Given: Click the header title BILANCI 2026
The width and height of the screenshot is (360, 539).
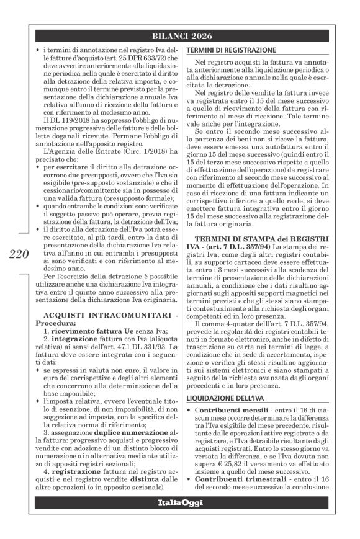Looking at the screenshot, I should [x=179, y=35].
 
